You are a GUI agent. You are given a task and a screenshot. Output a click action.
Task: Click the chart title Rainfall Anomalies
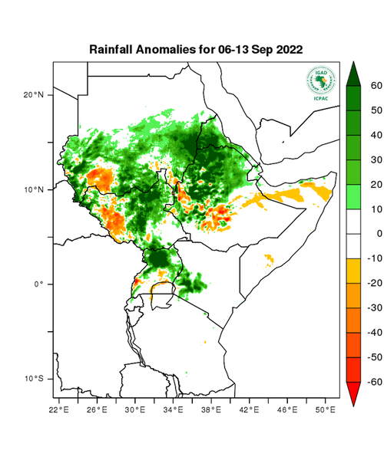click(x=196, y=48)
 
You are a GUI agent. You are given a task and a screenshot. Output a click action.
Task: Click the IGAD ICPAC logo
click(x=320, y=82)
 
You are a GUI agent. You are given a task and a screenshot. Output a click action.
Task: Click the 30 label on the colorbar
click(x=376, y=160)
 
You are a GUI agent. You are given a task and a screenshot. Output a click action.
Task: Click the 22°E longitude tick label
click(x=58, y=410)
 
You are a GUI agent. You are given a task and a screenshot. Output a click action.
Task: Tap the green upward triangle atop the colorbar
click(x=355, y=73)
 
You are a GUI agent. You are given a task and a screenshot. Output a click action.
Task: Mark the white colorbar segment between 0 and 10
click(x=355, y=222)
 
